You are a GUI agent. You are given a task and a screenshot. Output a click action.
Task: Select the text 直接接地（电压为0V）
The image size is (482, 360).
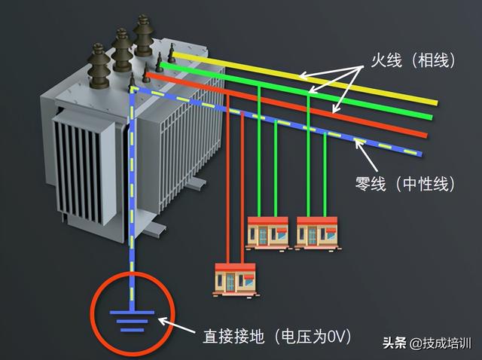[278, 335]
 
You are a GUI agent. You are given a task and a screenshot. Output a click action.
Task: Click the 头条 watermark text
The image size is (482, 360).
[394, 344]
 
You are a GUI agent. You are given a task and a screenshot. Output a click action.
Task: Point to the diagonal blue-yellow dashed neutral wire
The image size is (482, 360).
[301, 124]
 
